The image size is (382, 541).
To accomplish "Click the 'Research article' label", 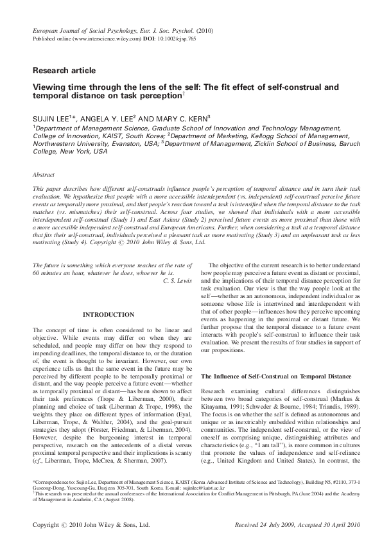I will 64,70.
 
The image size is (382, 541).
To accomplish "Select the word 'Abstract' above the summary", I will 44,174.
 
